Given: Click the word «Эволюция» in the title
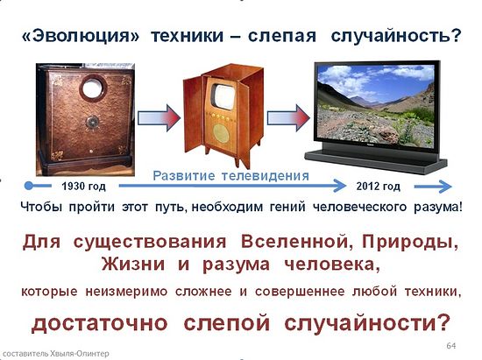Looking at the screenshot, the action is (x=81, y=36).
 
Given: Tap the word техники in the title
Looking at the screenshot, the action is (x=187, y=36).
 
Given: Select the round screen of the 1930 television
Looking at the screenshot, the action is (x=93, y=88).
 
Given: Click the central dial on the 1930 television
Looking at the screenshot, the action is (x=92, y=122).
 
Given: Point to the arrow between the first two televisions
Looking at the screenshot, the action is (x=159, y=117).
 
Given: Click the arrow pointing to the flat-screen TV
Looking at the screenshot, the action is (x=288, y=117).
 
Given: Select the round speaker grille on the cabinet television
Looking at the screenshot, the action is (x=221, y=134).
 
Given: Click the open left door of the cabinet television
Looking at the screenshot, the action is (x=194, y=116).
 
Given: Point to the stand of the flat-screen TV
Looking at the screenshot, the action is (x=376, y=159).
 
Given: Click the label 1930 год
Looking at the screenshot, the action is (x=83, y=187).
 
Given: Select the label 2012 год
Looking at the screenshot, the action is (x=378, y=187).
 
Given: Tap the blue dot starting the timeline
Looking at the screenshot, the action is (x=29, y=186).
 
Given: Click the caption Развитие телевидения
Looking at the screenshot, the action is (x=230, y=176).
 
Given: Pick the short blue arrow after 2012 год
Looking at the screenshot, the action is (x=433, y=187).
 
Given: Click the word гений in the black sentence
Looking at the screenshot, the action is (x=287, y=207).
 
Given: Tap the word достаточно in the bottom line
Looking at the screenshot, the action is (x=100, y=323).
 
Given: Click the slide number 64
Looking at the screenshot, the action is (x=451, y=346).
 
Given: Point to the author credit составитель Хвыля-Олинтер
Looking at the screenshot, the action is (x=55, y=354).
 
